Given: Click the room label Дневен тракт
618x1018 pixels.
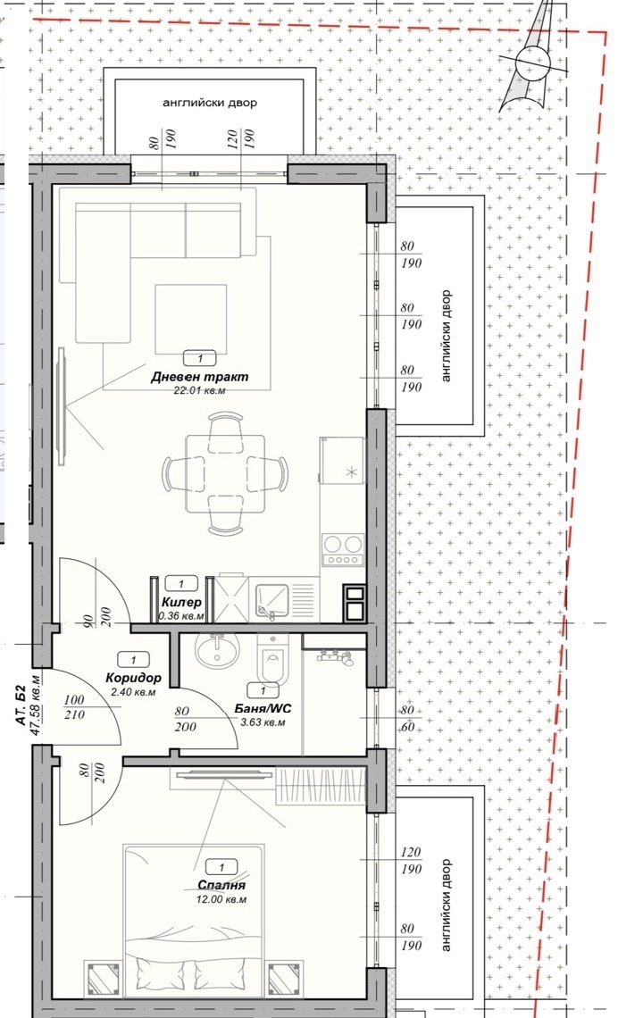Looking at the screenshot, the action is (199, 377).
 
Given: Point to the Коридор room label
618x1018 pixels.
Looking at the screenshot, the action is (134, 679).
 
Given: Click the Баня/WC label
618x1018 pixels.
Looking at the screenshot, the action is (260, 710).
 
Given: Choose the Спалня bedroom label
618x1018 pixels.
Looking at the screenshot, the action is (222, 886).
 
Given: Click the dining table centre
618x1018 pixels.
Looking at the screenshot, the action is (225, 473).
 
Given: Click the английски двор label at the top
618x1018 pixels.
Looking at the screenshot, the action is (210, 103).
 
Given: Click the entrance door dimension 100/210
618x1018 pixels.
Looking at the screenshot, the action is (75, 707).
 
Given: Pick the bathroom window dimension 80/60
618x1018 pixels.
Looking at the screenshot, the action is (407, 720).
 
